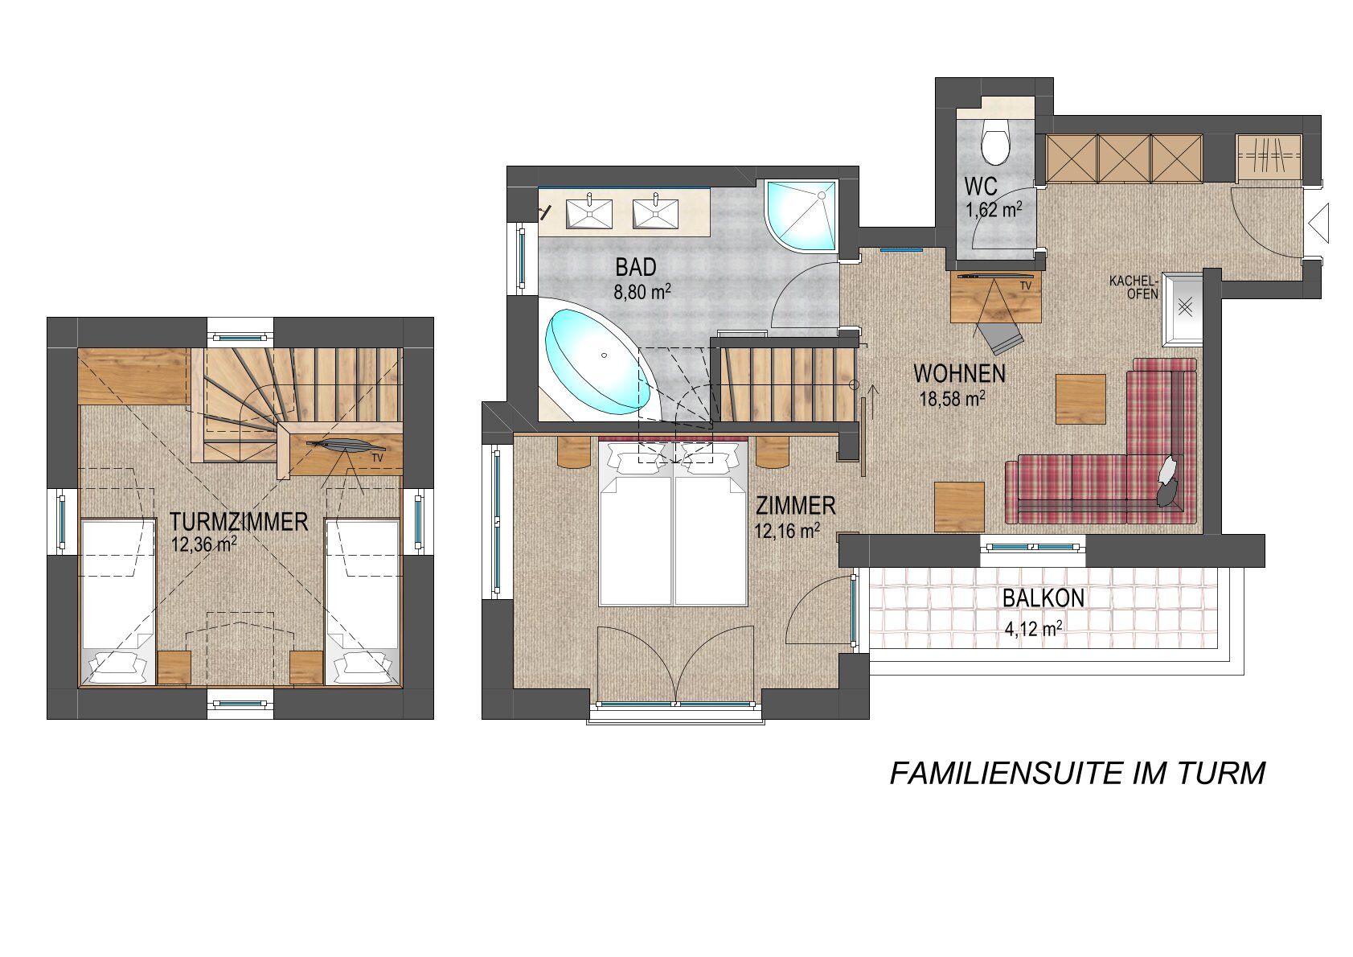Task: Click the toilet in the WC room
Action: pyautogui.click(x=994, y=142)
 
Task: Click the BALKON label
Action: pyautogui.click(x=1043, y=598)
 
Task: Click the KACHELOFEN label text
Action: pyautogui.click(x=1134, y=288)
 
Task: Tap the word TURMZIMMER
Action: pyautogui.click(x=240, y=521)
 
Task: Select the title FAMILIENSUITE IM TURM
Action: pyautogui.click(x=1077, y=774)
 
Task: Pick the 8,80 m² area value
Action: pyautogui.click(x=642, y=293)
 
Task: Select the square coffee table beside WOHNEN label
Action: pyautogui.click(x=1080, y=399)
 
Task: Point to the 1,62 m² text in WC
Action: pyautogui.click(x=994, y=210)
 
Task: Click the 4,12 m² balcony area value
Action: pyautogui.click(x=1034, y=629)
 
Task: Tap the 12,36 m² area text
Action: pyautogui.click(x=203, y=544)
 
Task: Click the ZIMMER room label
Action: pyautogui.click(x=796, y=505)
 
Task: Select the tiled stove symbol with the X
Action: pyautogui.click(x=1185, y=309)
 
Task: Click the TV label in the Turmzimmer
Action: pyautogui.click(x=378, y=458)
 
